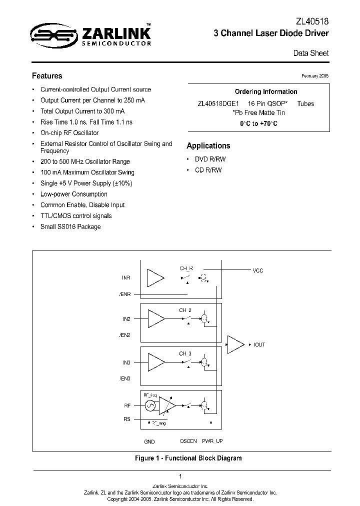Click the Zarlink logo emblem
(x=53, y=34)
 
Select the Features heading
(x=47, y=76)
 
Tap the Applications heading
(x=208, y=146)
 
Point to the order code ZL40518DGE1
(x=218, y=103)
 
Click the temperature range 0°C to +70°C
(x=258, y=123)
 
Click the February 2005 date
(x=315, y=75)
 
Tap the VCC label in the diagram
(x=257, y=270)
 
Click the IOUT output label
(x=259, y=345)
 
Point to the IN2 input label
(x=126, y=318)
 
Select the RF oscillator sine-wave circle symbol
(x=149, y=405)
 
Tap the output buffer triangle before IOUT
(x=234, y=344)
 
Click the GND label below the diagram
(x=149, y=441)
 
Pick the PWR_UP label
(x=212, y=441)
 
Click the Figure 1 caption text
(x=188, y=458)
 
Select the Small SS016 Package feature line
(x=70, y=227)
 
